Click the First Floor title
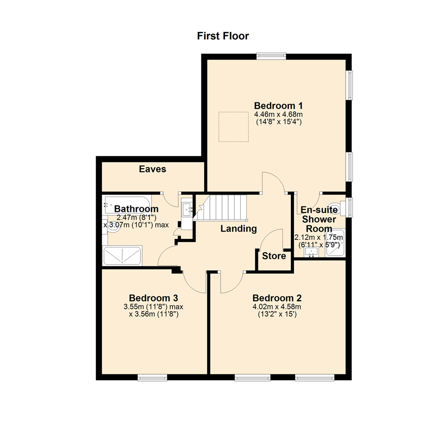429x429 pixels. (223, 36)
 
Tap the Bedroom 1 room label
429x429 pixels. (278, 106)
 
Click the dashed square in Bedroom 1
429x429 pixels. (234, 126)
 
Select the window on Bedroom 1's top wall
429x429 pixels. (271, 56)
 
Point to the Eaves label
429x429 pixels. (153, 169)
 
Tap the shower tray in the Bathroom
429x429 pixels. (122, 256)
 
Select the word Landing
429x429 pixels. (238, 229)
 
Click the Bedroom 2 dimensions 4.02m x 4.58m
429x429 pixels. (277, 307)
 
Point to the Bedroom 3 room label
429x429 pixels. (153, 298)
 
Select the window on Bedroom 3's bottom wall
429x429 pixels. (153, 377)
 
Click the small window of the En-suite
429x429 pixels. (348, 207)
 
